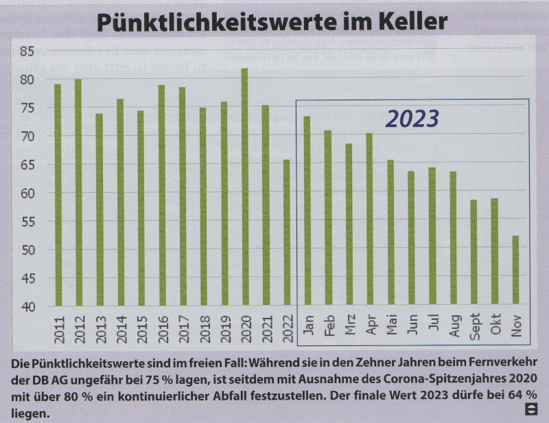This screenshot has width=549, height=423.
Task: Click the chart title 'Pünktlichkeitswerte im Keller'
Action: [272, 22]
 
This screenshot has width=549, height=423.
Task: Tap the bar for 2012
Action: [78, 192]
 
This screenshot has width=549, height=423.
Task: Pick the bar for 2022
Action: [286, 233]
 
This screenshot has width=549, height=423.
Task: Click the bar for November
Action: [515, 271]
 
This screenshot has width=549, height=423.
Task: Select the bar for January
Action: [307, 211]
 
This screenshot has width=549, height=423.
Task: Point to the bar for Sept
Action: [474, 253]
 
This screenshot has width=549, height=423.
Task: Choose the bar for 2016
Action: [161, 196]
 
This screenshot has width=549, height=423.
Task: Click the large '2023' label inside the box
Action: [412, 119]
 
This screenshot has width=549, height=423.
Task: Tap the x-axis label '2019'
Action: [224, 325]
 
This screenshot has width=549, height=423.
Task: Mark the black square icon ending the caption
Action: [530, 409]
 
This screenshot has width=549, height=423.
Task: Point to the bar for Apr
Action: [369, 220]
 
